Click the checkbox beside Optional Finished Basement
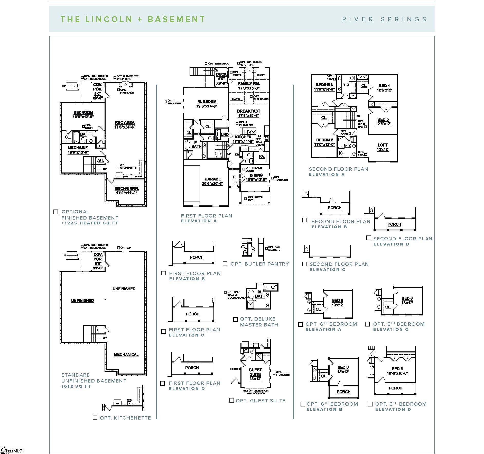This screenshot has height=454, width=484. [55, 212]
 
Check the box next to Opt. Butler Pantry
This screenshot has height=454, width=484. [225, 264]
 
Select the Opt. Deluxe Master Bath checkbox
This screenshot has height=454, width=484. [235, 319]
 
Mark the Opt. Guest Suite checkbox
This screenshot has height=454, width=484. [232, 400]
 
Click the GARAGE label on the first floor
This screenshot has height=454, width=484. [212, 179]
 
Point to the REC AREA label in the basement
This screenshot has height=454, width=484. [125, 123]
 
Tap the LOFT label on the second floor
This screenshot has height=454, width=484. [383, 145]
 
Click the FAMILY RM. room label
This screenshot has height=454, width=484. [249, 84]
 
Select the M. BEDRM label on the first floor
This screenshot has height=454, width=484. [207, 102]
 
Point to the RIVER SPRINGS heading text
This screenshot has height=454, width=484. [384, 19]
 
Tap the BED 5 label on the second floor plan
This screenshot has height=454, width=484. [383, 119]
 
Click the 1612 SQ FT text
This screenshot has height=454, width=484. [76, 386]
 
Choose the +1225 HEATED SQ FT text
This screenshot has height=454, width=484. [90, 223]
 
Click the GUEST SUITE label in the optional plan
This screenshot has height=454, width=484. [255, 372]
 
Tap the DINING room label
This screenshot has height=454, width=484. [256, 175]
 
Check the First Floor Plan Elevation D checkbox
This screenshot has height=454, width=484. [163, 383]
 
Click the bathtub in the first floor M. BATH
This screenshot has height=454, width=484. [188, 145]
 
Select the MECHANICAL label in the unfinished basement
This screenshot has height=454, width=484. [126, 355]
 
